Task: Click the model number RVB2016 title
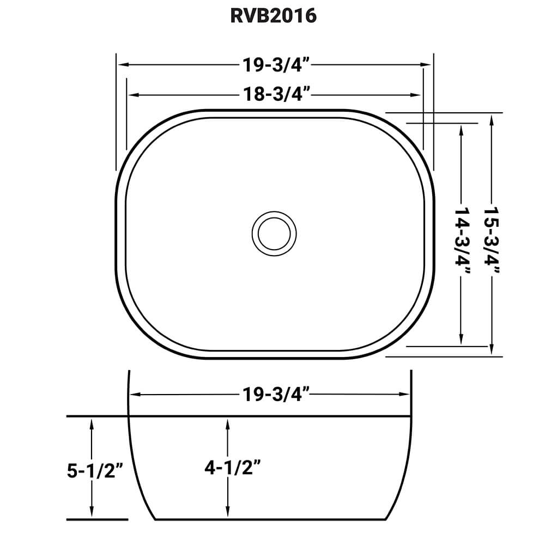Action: point(272,16)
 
